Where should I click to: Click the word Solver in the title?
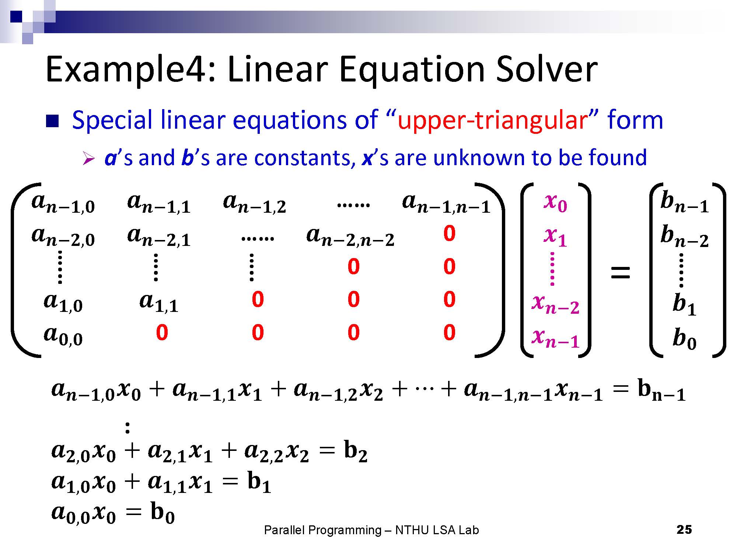point(546,70)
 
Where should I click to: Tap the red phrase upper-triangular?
point(492,120)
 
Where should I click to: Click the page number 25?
point(684,530)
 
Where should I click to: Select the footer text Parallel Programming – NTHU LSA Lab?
point(371,530)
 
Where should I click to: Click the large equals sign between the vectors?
point(621,273)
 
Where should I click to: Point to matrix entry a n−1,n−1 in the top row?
point(446,204)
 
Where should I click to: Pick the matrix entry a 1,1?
point(159,303)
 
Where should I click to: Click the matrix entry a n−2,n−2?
point(350,237)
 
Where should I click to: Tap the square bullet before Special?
point(52,121)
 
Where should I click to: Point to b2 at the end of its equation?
point(356,452)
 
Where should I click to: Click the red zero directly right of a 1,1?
point(258,300)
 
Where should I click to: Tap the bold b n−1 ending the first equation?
point(661,392)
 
